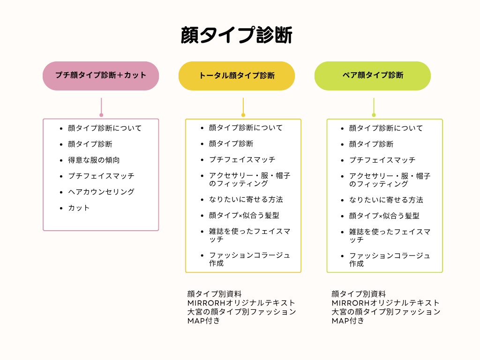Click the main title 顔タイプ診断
click(x=237, y=35)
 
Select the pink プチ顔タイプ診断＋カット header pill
click(x=101, y=76)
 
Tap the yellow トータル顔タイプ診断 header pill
click(x=237, y=76)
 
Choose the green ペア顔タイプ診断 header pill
click(x=373, y=76)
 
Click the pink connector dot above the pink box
click(x=101, y=115)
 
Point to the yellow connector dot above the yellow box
click(x=243, y=115)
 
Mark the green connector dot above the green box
click(x=374, y=115)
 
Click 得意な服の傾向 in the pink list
click(x=94, y=160)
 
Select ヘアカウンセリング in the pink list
click(x=101, y=192)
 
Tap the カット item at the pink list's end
click(x=79, y=208)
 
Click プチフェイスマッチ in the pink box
click(x=101, y=176)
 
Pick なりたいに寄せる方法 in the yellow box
click(x=246, y=200)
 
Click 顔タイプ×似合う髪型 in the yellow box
click(x=244, y=216)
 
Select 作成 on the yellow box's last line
click(x=217, y=263)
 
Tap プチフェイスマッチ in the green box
click(x=382, y=160)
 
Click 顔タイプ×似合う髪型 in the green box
click(x=384, y=216)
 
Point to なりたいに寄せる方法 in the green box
click(x=386, y=200)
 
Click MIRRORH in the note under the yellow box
click(x=206, y=303)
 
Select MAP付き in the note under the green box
click(x=348, y=321)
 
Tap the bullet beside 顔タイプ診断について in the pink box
click(x=61, y=128)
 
